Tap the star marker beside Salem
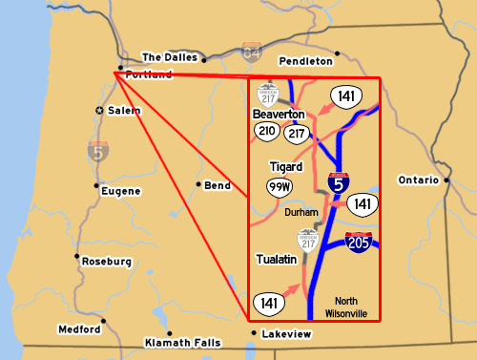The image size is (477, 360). pos(100,111)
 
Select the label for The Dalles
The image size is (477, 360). pos(169,57)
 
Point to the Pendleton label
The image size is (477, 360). pos(306,60)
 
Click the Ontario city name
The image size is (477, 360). pos(419,180)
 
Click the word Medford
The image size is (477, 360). pos(78,329)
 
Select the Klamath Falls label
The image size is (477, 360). pos(181,342)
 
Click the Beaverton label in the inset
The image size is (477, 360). pos(279,114)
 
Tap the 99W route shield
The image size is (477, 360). pos(280,186)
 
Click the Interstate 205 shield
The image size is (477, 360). pos(359,243)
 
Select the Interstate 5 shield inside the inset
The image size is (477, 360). pos(338,183)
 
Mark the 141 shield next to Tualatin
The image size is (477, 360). pos(268,303)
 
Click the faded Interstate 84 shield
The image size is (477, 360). pos(251,52)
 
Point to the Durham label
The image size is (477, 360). pos(301,212)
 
